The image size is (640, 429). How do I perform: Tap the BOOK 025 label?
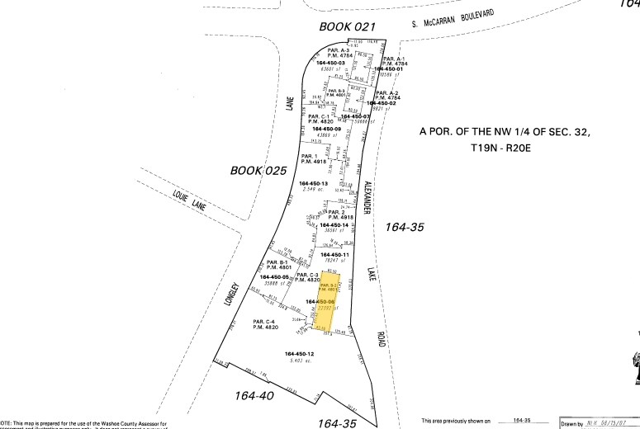click(x=258, y=171)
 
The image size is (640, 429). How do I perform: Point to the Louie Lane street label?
click(x=190, y=200)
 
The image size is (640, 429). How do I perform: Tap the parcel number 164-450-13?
click(x=315, y=183)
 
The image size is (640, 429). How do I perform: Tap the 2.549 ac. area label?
click(x=314, y=191)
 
